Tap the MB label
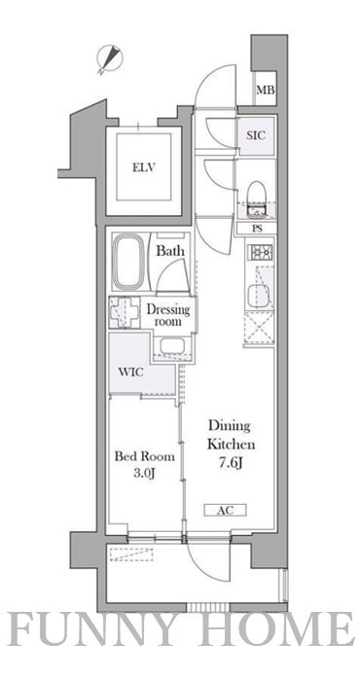265,90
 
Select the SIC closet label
256,135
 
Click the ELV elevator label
144,167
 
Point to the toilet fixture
256,198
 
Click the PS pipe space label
257,229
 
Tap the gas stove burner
260,251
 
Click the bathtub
128,261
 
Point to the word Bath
170,251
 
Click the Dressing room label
168,316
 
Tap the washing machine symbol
125,312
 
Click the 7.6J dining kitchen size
231,463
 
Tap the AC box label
226,511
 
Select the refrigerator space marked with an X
259,327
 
